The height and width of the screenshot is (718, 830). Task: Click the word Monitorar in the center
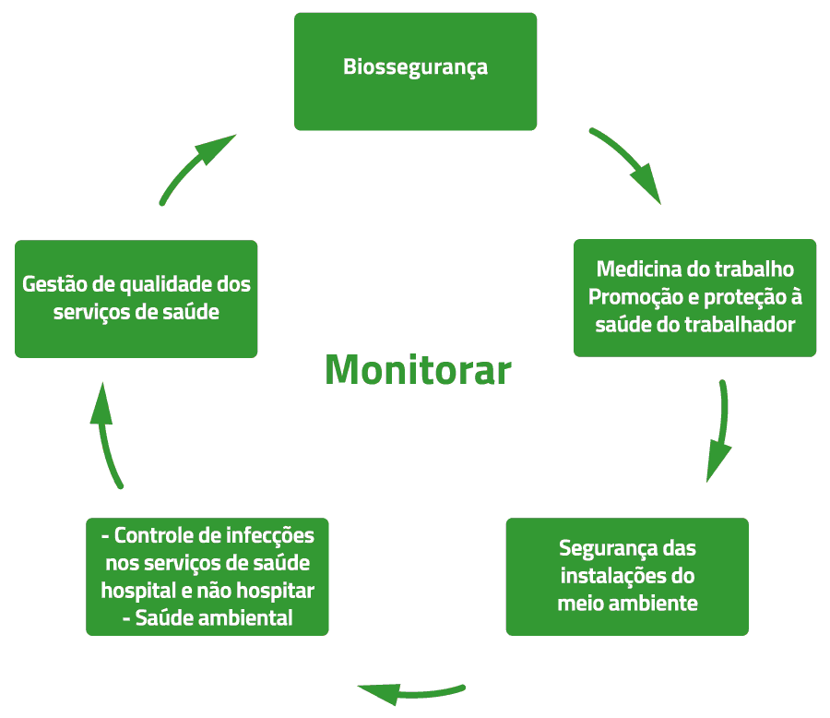(x=418, y=371)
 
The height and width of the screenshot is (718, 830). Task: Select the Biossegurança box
(x=415, y=71)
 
